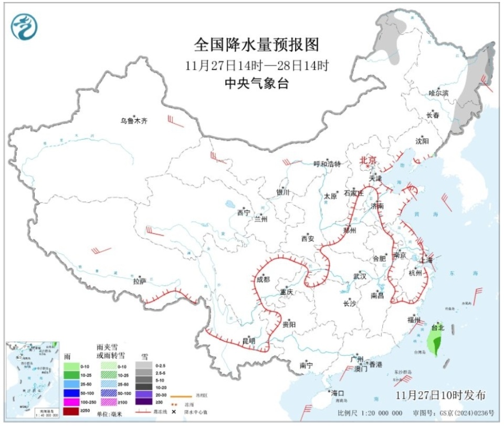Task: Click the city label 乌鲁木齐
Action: tap(134, 121)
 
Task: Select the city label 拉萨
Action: tap(138, 281)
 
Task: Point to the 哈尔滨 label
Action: tap(438, 93)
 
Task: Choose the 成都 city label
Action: tap(263, 279)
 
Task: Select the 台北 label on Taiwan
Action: tap(437, 327)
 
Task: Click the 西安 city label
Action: tap(307, 238)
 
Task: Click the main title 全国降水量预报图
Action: tap(257, 45)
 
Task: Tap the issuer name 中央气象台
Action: tap(257, 83)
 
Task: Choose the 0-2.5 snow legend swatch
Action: tap(142, 366)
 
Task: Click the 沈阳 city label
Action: tap(422, 141)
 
